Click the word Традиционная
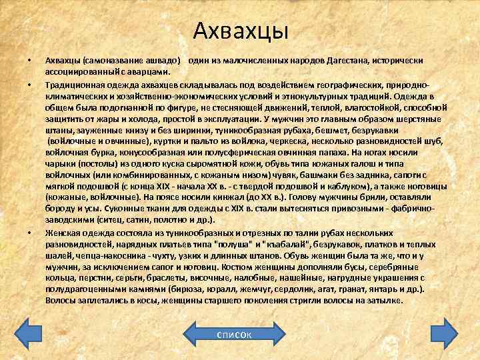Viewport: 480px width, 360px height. (x=72, y=85)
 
